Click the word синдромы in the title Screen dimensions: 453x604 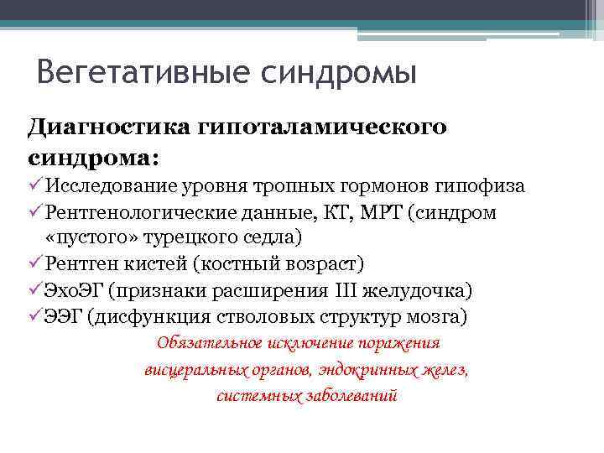pos(340,73)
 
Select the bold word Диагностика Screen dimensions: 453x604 pos(110,127)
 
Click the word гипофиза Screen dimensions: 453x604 pos(487,185)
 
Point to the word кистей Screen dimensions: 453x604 pos(158,264)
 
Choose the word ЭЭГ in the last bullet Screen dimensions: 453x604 pos(65,316)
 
